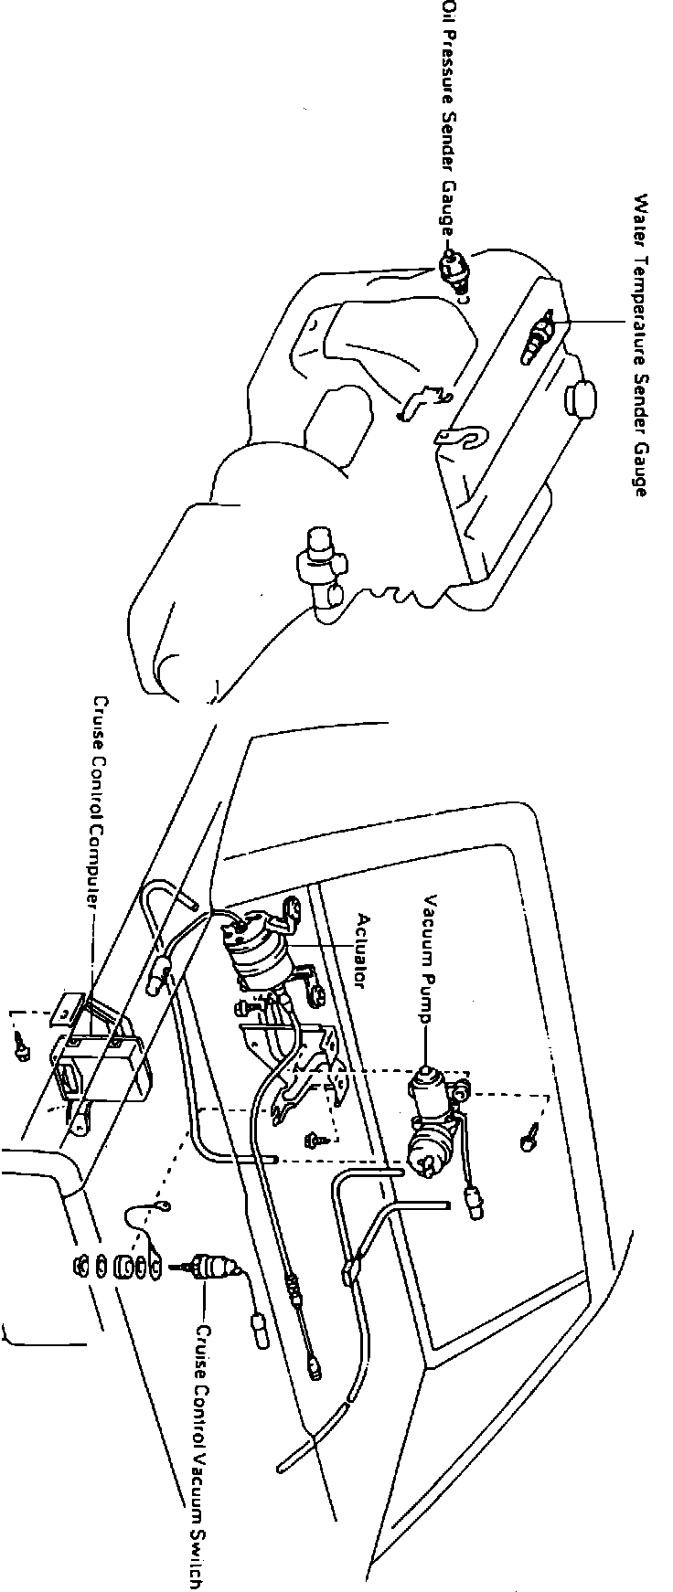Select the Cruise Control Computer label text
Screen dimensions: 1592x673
coord(100,801)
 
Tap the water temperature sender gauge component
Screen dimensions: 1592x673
coord(539,337)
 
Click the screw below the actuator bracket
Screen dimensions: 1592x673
coord(314,1139)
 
